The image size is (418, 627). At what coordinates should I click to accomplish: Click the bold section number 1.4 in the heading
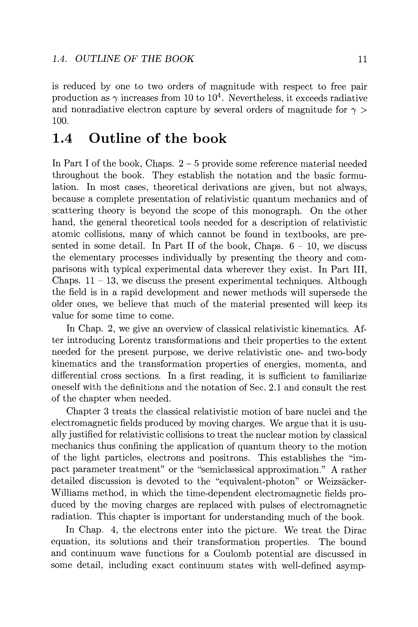tap(63, 139)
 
